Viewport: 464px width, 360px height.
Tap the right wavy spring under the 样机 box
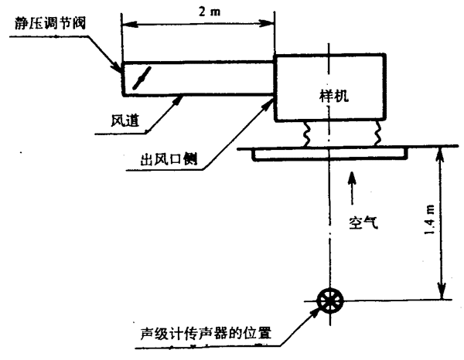pyautogui.click(x=378, y=133)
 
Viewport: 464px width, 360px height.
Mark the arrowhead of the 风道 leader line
pyautogui.click(x=180, y=98)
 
